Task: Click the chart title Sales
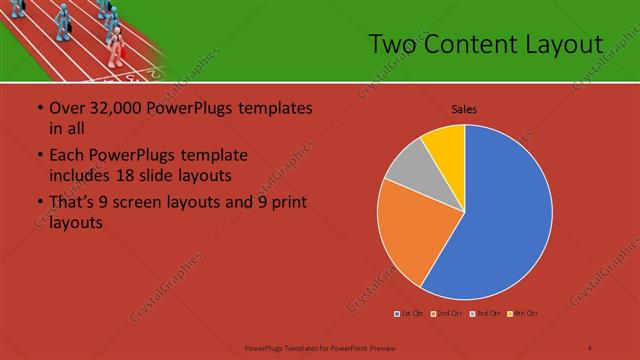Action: coord(464,108)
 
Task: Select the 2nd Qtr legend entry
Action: coord(446,314)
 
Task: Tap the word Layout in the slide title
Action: coord(569,44)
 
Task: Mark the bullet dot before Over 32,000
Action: coord(39,108)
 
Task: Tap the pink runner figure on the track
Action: coord(116,45)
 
